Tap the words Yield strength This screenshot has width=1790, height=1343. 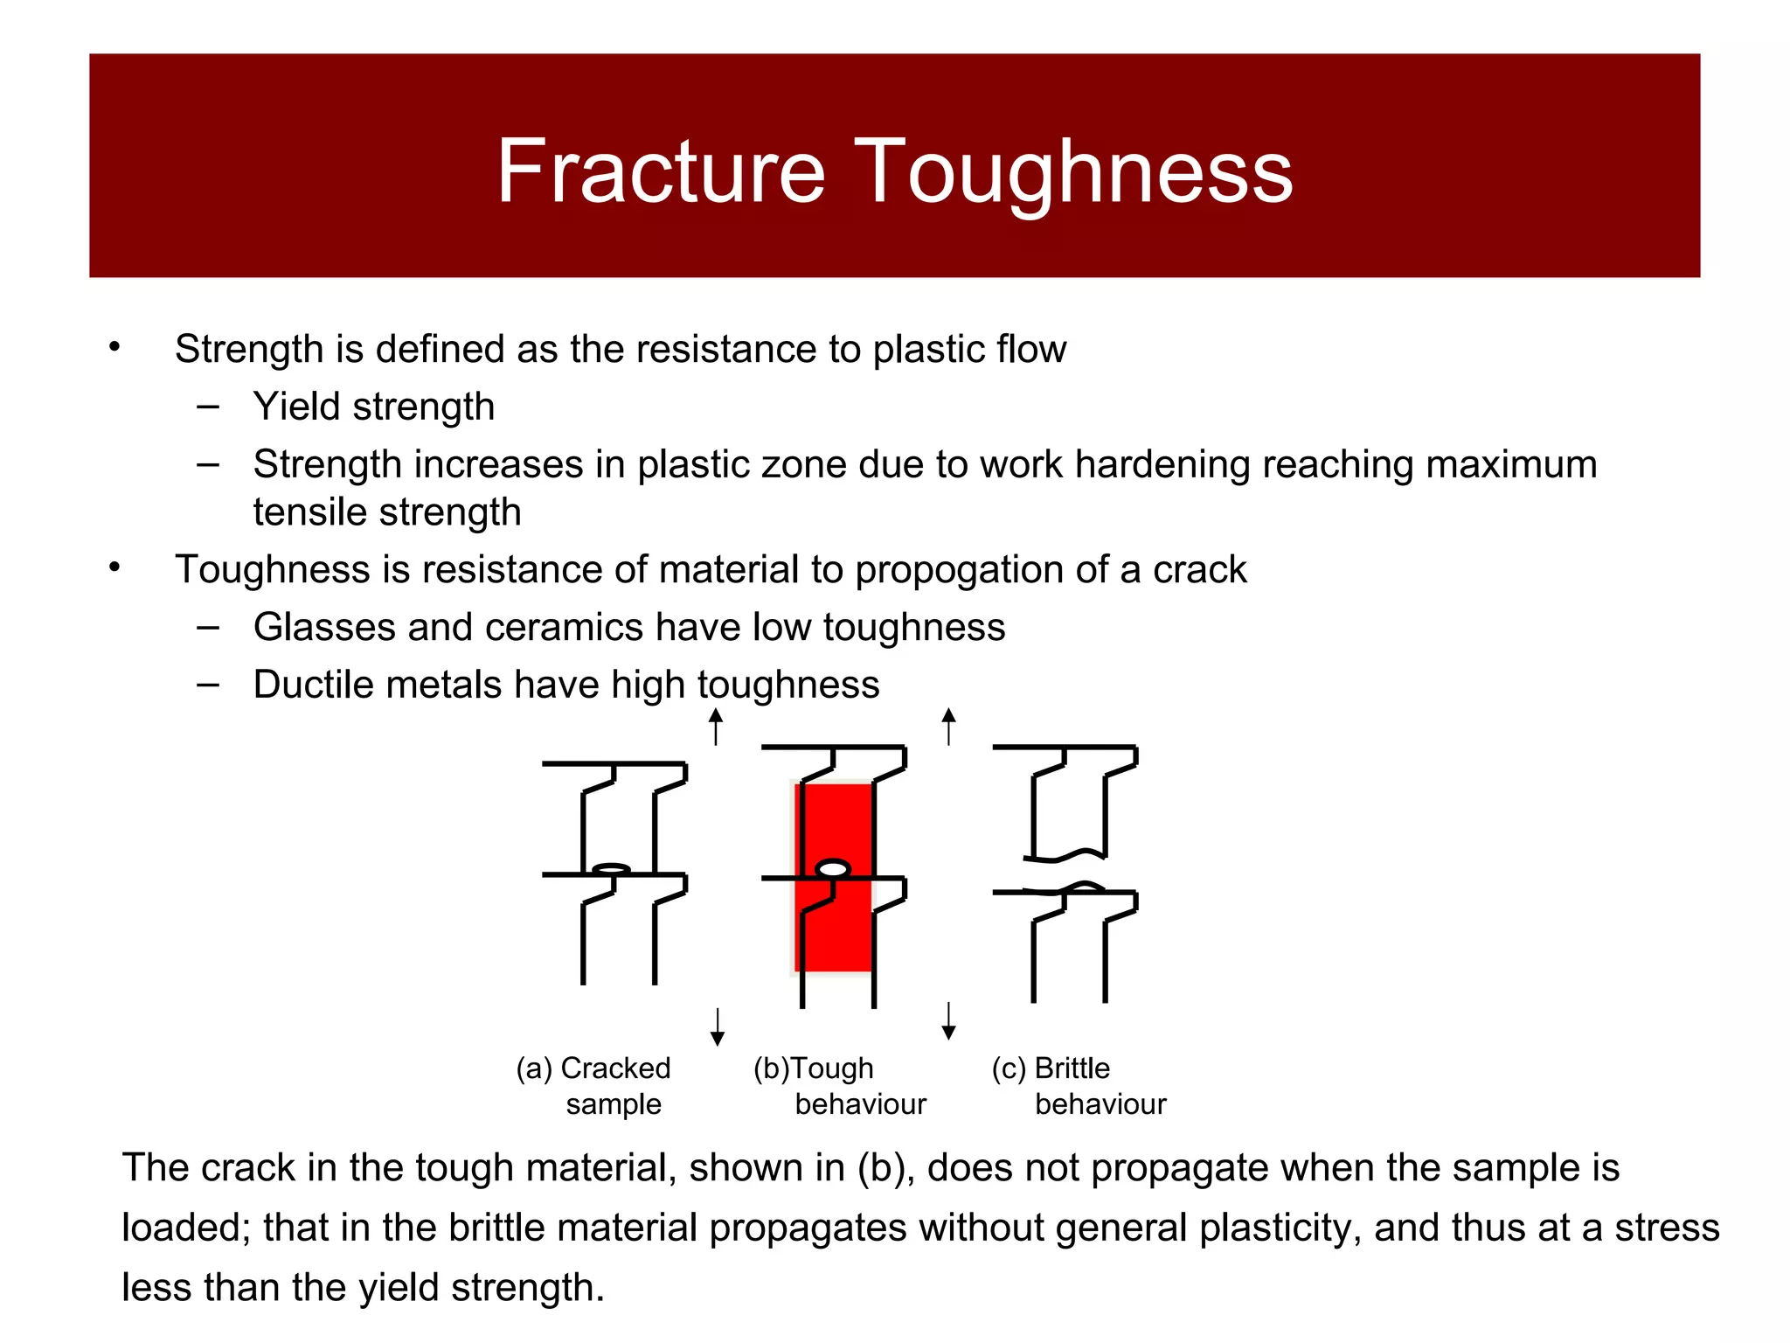tap(373, 407)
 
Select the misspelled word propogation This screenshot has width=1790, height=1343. tap(959, 570)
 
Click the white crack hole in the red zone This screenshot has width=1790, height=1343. tap(833, 869)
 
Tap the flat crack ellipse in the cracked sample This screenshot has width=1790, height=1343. tap(612, 869)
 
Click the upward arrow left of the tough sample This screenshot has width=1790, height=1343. tap(716, 726)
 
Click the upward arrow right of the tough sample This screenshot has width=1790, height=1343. tap(949, 726)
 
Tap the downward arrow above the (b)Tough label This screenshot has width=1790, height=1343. tap(717, 1027)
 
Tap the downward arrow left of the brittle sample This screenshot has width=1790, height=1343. tap(949, 1021)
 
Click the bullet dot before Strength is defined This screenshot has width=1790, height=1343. tap(114, 348)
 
